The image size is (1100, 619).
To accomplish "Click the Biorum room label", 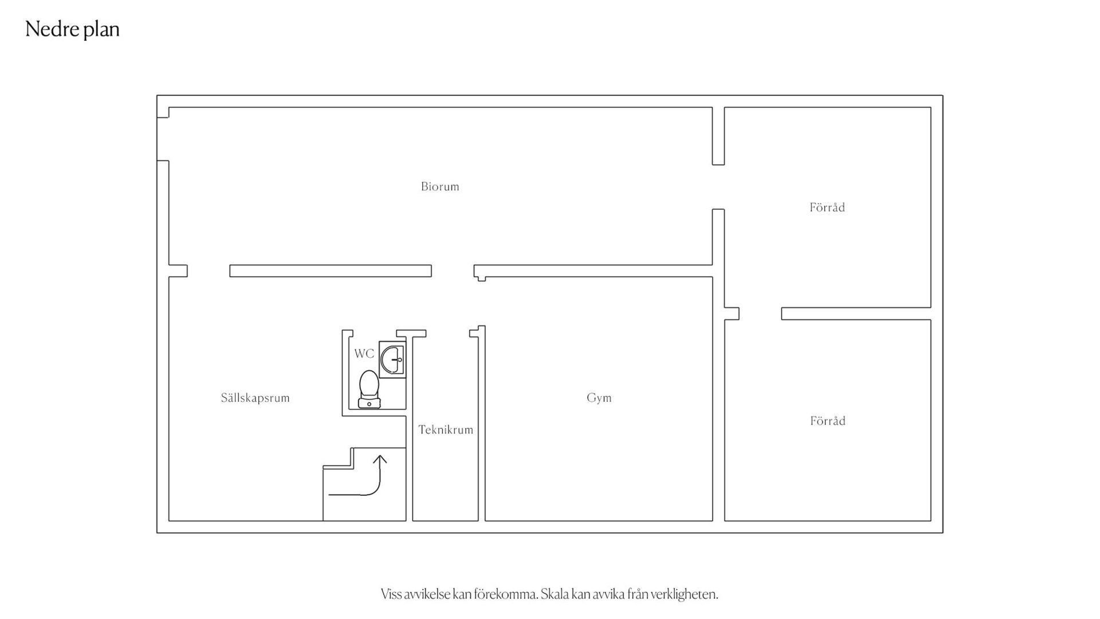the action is pyautogui.click(x=440, y=186).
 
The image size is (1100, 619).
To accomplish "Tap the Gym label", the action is pyautogui.click(x=599, y=398).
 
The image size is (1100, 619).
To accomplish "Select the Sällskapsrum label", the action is pyautogui.click(x=256, y=398).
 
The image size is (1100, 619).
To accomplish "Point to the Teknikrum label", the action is pyautogui.click(x=446, y=430).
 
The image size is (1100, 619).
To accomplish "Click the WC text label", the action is pyautogui.click(x=364, y=354).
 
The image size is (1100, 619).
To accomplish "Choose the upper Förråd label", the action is pyautogui.click(x=827, y=207).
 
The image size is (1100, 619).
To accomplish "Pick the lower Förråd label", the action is pyautogui.click(x=828, y=421).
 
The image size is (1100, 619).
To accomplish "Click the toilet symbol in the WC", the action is pyautogui.click(x=369, y=389).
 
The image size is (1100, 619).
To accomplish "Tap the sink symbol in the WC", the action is pyautogui.click(x=392, y=359).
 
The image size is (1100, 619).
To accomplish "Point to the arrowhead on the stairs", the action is pyautogui.click(x=380, y=459).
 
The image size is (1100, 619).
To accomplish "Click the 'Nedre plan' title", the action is pyautogui.click(x=72, y=29).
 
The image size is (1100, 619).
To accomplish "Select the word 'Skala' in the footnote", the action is pyautogui.click(x=555, y=594).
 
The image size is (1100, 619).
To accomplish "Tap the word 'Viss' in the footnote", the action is pyautogui.click(x=391, y=594).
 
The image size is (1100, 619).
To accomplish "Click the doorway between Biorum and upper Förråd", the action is pyautogui.click(x=718, y=187).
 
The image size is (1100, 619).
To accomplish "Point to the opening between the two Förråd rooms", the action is pyautogui.click(x=760, y=314).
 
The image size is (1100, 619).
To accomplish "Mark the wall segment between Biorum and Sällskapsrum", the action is pyautogui.click(x=331, y=271).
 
